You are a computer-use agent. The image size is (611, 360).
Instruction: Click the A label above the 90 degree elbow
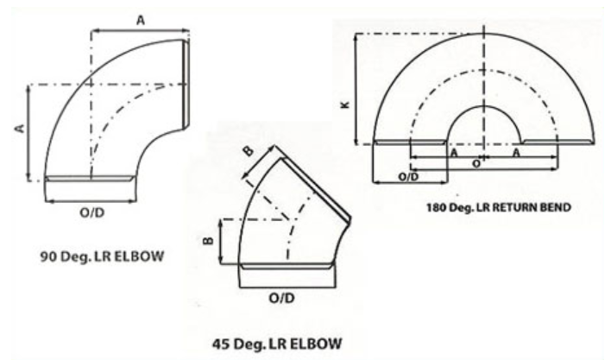pos(141,20)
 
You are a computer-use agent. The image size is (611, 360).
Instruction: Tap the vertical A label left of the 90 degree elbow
pos(20,128)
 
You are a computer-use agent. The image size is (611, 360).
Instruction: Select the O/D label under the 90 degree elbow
pos(92,212)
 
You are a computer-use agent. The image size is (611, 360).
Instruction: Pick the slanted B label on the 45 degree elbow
pos(249,151)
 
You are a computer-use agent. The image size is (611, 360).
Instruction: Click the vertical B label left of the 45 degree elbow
pos(209,241)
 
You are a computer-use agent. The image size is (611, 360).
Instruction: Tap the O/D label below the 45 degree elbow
pos(281,298)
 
